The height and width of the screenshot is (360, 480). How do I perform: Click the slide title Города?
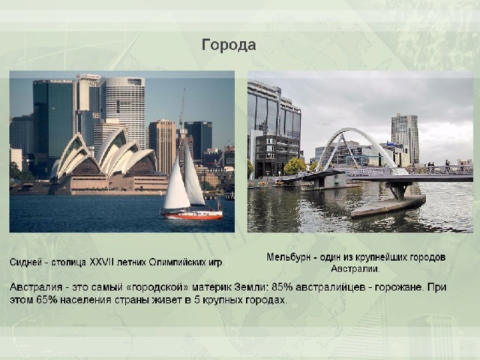(x=229, y=45)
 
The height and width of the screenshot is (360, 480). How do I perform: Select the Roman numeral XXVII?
(x=101, y=262)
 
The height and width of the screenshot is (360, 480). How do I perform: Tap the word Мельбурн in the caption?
(x=288, y=257)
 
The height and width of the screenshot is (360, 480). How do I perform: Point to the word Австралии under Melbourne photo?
(x=355, y=269)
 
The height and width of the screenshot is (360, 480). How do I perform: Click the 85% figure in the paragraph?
(x=282, y=287)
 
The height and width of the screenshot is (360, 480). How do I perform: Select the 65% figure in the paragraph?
(x=46, y=300)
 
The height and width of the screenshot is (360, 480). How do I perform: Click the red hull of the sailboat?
(x=192, y=215)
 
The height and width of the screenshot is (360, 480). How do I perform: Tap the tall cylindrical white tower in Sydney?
(x=123, y=110)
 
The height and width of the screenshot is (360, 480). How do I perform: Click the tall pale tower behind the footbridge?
(x=405, y=137)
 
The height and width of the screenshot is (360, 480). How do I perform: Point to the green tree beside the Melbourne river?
(x=295, y=166)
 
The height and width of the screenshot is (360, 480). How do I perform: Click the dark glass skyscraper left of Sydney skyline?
(x=53, y=119)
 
